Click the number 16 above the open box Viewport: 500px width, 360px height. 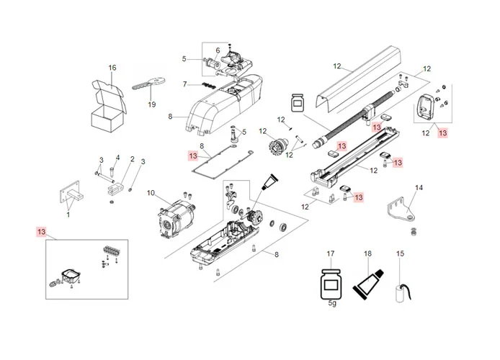(x=112, y=68)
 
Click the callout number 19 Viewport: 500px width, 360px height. (x=151, y=104)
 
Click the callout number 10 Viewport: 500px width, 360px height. (x=151, y=192)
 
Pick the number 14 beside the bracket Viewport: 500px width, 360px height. (x=419, y=188)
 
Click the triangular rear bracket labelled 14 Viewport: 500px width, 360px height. (x=402, y=208)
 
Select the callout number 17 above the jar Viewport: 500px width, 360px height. (x=331, y=254)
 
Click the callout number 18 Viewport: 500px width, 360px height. (x=367, y=254)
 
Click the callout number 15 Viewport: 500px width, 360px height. (x=401, y=254)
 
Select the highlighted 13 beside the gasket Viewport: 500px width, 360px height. (x=192, y=156)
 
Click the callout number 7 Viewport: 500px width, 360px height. (x=184, y=84)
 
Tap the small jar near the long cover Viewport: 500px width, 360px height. (x=296, y=102)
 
